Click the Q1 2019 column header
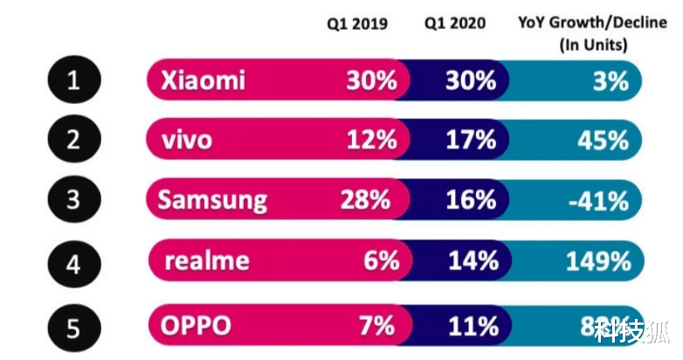point(357,23)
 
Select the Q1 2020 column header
point(455,23)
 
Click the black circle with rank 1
point(74,82)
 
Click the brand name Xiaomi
point(203,81)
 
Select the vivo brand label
point(187,140)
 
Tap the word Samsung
point(212,200)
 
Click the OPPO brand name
point(197,327)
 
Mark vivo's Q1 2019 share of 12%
point(371,140)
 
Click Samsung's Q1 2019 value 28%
point(364,200)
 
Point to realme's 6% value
point(378,260)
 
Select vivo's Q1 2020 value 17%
point(473,140)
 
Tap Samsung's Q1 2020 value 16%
point(473,200)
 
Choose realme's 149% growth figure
point(597,260)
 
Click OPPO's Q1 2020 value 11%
point(473,327)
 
